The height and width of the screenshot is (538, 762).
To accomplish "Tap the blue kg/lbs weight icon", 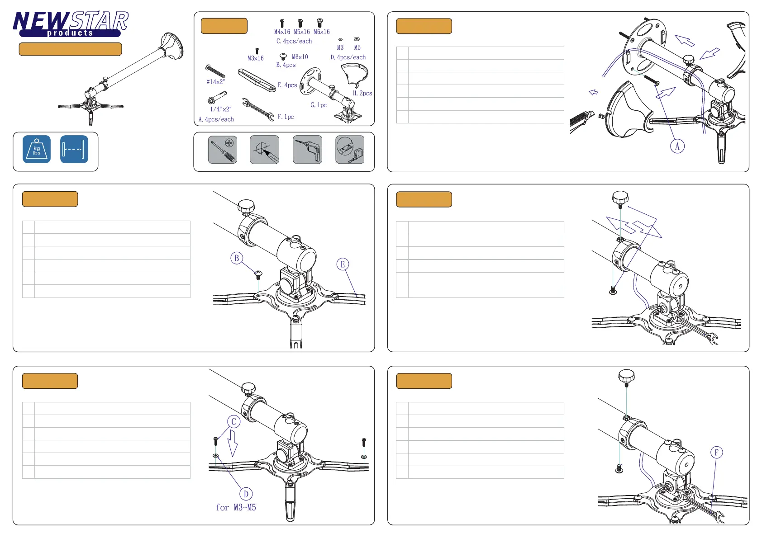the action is pyautogui.click(x=37, y=149).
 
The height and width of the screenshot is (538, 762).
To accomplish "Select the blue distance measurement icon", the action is pyautogui.click(x=74, y=149).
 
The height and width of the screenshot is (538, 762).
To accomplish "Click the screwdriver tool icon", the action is pyautogui.click(x=223, y=150).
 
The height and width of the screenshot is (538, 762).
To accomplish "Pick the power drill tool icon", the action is pyautogui.click(x=308, y=150).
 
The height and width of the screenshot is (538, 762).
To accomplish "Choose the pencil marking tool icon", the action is pyautogui.click(x=264, y=150).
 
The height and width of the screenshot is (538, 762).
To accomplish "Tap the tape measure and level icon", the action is pyautogui.click(x=350, y=150).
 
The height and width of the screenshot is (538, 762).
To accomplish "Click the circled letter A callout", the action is pyautogui.click(x=677, y=146).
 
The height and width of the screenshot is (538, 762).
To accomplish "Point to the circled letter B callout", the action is pyautogui.click(x=237, y=258).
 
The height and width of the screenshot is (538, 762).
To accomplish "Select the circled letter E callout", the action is pyautogui.click(x=343, y=264).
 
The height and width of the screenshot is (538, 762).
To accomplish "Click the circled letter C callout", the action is pyautogui.click(x=233, y=422).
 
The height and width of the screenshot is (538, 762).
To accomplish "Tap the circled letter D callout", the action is pyautogui.click(x=246, y=494).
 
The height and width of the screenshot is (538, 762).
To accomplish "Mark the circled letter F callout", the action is pyautogui.click(x=716, y=453).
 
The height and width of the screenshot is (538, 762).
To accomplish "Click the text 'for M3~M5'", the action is pyautogui.click(x=236, y=507).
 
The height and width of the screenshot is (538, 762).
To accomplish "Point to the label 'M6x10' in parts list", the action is pyautogui.click(x=300, y=57).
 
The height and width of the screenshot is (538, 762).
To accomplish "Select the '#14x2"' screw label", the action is pyautogui.click(x=216, y=81).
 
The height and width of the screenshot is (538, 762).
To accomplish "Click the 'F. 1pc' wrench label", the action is pyautogui.click(x=286, y=117).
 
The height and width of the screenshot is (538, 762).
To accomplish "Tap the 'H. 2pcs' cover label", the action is pyautogui.click(x=362, y=93).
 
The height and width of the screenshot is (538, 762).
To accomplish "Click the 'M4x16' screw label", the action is pyautogui.click(x=282, y=32).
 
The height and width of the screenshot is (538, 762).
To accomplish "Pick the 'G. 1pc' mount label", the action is pyautogui.click(x=319, y=105).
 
